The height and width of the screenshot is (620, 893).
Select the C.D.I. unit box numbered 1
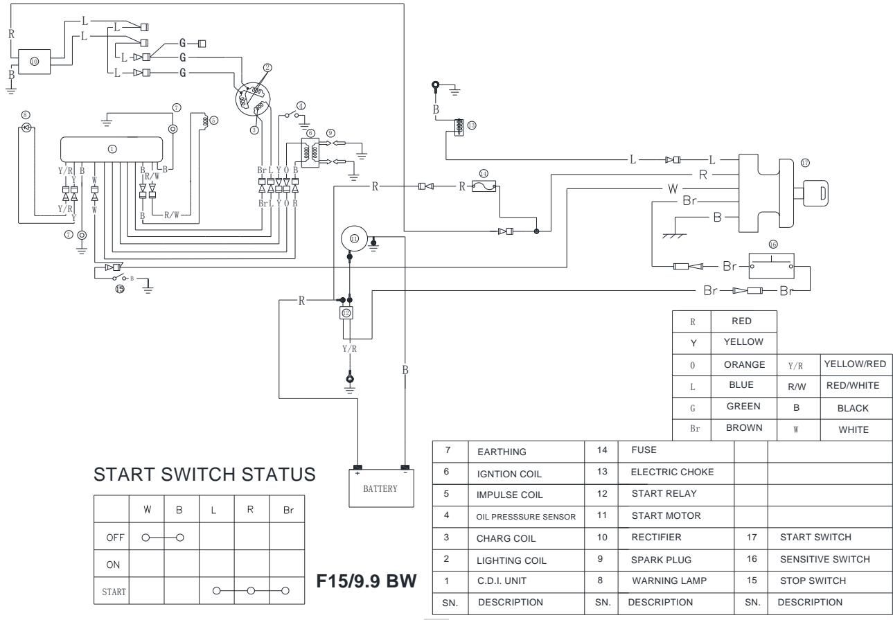(x=112, y=149)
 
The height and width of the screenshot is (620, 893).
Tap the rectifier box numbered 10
(x=35, y=60)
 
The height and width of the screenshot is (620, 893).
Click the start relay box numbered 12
(x=346, y=312)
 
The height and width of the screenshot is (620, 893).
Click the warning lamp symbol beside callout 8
(x=26, y=127)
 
